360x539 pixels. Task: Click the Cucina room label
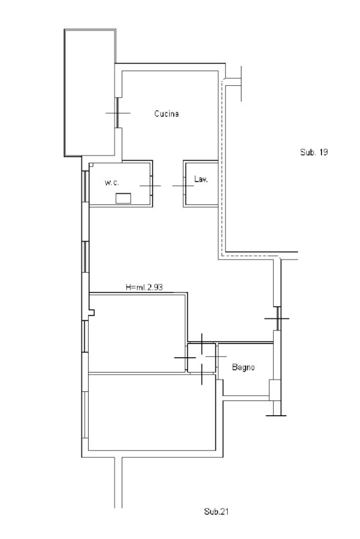(167, 113)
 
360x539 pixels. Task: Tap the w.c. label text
(112, 182)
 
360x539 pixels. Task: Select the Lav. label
(201, 179)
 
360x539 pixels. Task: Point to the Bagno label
(244, 367)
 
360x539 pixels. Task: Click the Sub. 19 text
(314, 152)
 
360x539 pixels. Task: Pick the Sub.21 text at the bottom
(216, 512)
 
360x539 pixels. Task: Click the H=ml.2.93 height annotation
(144, 287)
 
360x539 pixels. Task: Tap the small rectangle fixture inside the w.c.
(123, 198)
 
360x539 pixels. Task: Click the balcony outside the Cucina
(90, 93)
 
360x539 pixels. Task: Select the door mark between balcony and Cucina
(118, 113)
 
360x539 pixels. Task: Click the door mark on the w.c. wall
(150, 185)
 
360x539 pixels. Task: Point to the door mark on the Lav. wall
(183, 186)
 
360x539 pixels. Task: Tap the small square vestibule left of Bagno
(202, 358)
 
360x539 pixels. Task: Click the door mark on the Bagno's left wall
(216, 357)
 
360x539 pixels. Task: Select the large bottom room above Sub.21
(152, 412)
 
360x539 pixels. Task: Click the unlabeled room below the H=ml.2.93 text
(138, 333)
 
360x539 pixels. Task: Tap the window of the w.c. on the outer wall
(85, 185)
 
